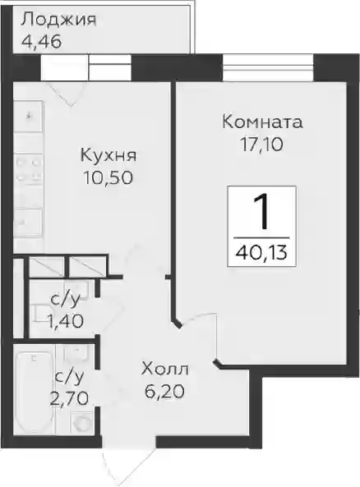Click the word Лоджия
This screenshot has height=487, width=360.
pos(58,21)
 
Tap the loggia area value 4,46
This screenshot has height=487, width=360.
pos(42,41)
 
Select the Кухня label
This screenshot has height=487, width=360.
pos(108,155)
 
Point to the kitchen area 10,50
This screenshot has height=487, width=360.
pos(108,177)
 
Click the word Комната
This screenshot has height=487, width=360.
pos(262,122)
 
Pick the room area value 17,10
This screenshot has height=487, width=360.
pos(262,145)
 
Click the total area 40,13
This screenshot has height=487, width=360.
pos(261,253)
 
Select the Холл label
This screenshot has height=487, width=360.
pos(164,370)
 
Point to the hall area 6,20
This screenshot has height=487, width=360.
pos(164,392)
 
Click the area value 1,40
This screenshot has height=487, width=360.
pos(65,321)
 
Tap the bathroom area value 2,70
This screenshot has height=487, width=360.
pos(69,398)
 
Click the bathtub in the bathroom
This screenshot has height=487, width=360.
pos(34,393)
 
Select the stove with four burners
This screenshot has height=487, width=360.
pos(28,170)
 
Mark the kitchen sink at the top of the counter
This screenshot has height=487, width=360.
pos(28,117)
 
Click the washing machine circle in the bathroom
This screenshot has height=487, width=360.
pos(81,423)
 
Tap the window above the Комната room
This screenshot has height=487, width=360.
pos(268,67)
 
